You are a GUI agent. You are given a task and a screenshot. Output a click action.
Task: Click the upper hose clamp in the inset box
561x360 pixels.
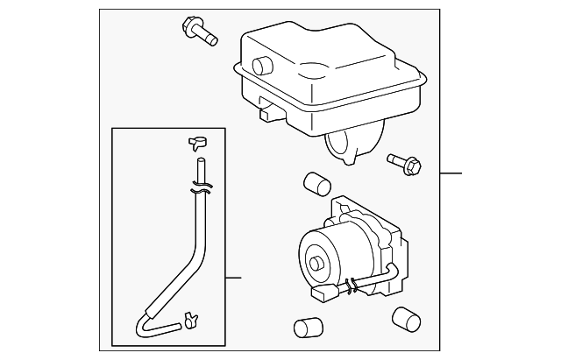197,141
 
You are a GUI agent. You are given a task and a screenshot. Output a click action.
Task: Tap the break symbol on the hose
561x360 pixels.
201,187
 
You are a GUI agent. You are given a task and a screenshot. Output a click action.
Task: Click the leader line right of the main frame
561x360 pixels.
451,173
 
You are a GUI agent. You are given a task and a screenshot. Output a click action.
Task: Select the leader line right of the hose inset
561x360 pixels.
233,278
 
